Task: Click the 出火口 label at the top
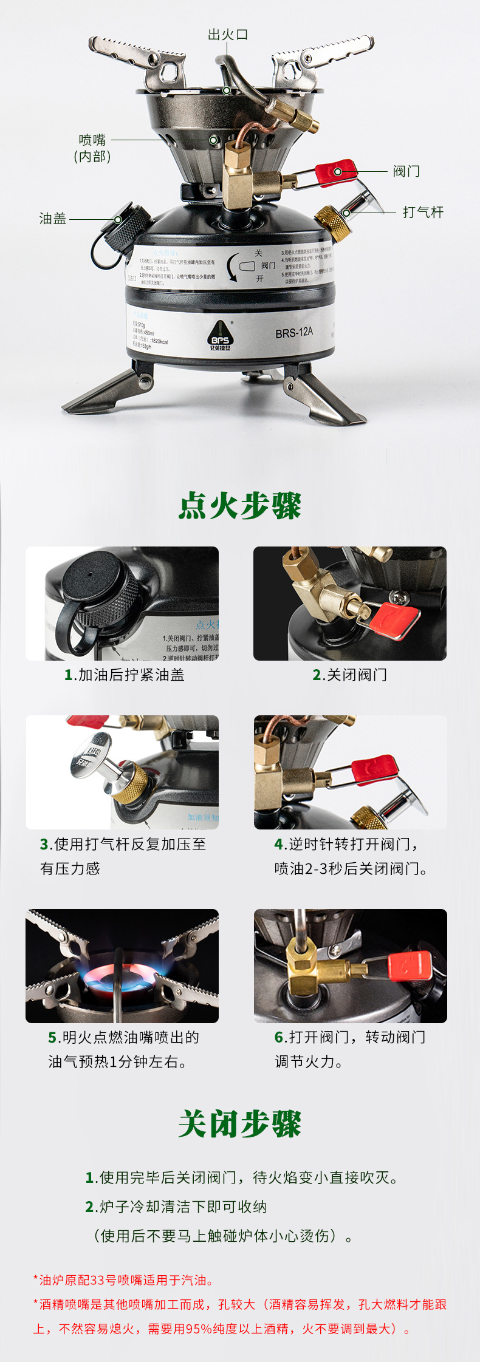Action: (x=228, y=35)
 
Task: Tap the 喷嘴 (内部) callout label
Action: (x=92, y=148)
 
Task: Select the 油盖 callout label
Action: (x=53, y=219)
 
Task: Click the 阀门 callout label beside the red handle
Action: (x=406, y=171)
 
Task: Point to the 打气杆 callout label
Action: (x=423, y=212)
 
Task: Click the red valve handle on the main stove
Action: (x=335, y=172)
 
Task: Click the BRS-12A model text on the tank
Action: (x=294, y=332)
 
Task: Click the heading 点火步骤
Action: (x=240, y=506)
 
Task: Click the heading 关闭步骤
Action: (x=240, y=1124)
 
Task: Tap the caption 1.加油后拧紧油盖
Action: (x=125, y=675)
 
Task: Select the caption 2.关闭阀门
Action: (x=349, y=675)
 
